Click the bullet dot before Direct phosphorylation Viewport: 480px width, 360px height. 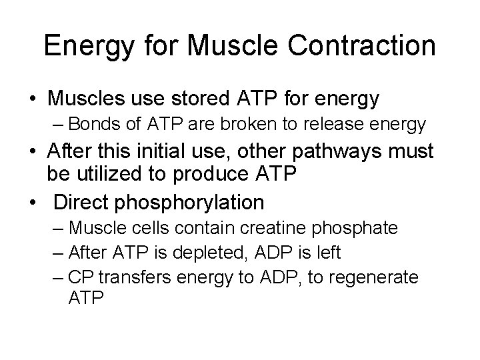pyautogui.click(x=33, y=201)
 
